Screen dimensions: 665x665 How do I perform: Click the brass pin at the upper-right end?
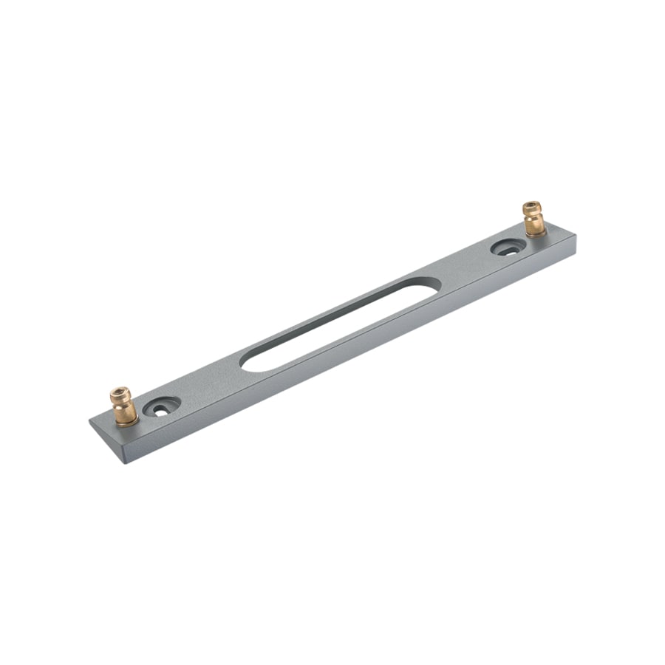533,219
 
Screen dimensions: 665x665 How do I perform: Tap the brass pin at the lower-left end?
123,406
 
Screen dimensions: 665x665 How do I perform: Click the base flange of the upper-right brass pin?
536,231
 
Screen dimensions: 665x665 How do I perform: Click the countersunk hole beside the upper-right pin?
508,248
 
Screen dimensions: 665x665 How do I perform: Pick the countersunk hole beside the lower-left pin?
162,406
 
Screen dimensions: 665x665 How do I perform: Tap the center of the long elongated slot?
340,324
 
